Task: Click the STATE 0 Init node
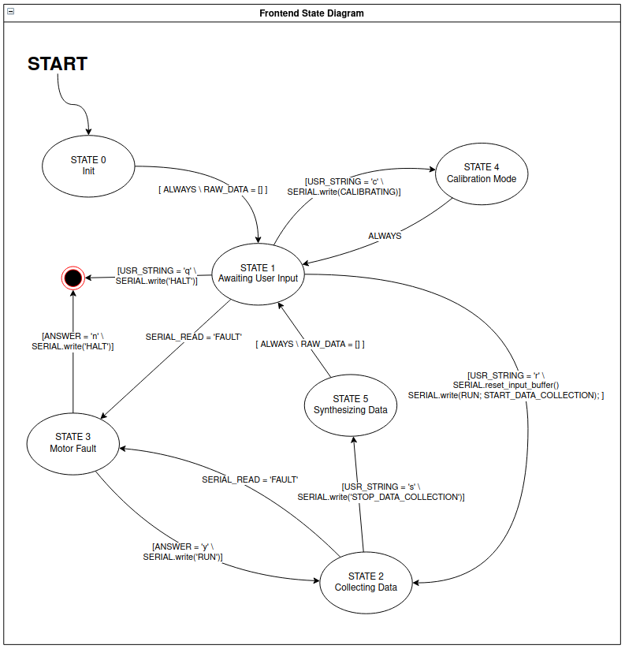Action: (88, 166)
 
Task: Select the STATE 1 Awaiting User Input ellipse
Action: (258, 273)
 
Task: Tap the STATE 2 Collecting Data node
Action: (366, 582)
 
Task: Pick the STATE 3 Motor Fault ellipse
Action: (73, 442)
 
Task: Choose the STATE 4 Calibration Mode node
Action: (482, 173)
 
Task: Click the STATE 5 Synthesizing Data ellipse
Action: (351, 405)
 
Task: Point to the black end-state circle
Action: (73, 278)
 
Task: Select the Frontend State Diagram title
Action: (311, 13)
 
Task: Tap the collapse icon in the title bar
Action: (11, 13)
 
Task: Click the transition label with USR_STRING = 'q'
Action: (157, 275)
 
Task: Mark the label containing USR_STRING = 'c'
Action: (344, 187)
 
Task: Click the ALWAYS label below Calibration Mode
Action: (385, 236)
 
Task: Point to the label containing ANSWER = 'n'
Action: (73, 341)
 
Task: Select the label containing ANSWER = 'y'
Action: (183, 552)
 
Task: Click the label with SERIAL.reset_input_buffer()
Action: (505, 385)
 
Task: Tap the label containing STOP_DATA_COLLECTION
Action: (381, 492)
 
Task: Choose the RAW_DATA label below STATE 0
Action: (213, 190)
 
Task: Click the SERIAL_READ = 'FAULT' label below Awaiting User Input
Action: (194, 337)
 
